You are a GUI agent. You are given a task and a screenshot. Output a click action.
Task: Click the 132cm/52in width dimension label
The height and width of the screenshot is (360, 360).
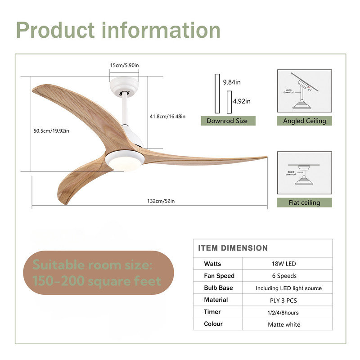point(160,201)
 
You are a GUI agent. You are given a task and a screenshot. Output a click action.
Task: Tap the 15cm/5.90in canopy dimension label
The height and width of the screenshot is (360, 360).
point(124,65)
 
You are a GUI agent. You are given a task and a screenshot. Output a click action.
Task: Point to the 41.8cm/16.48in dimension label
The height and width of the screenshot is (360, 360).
point(167,117)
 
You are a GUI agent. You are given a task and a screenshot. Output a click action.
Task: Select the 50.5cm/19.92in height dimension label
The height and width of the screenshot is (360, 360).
point(51,131)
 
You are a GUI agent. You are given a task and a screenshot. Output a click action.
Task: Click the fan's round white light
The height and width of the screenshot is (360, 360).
point(125,160)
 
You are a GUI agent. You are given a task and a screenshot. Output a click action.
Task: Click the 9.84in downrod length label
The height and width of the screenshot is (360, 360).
point(232,82)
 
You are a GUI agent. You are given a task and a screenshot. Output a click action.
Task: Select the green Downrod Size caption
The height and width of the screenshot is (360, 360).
point(227,121)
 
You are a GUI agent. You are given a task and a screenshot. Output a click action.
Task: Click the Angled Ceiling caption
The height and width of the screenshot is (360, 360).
point(304,121)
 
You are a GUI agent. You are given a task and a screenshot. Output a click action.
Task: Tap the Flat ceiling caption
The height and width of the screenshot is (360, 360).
point(304,202)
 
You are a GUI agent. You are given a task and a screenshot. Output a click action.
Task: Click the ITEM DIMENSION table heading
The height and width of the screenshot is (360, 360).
point(233,248)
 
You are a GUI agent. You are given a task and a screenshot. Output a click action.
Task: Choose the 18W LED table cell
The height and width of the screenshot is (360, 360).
point(284,264)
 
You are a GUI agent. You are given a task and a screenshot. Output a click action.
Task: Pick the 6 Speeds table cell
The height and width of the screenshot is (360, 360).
point(284,276)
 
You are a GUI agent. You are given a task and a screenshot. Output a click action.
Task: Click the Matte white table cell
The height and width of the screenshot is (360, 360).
point(284,324)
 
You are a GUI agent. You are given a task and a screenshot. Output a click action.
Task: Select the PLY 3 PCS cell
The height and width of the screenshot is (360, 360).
point(284,300)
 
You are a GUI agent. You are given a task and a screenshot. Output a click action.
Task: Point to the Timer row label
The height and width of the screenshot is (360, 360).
point(212,312)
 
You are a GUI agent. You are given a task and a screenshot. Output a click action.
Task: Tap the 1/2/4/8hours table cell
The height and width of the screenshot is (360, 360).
point(284,312)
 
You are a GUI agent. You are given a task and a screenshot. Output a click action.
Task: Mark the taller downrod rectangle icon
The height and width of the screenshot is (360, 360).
point(217,94)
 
